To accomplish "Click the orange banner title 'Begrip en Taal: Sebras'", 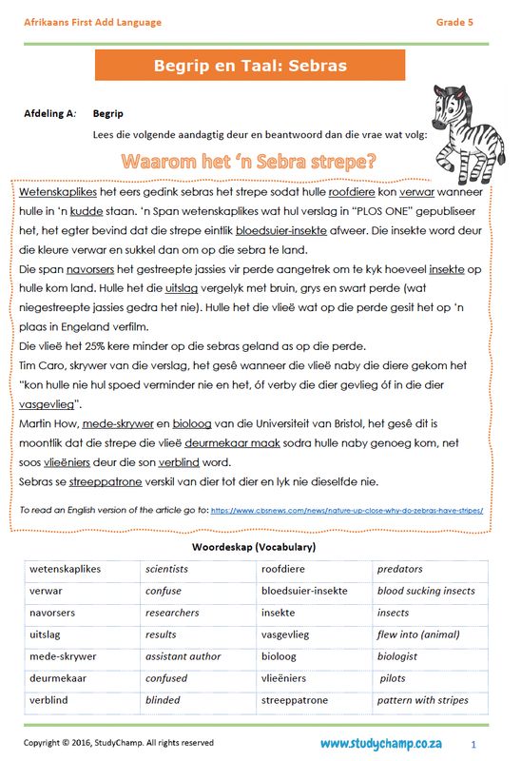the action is (x=250, y=66).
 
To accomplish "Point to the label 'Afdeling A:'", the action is (x=49, y=113).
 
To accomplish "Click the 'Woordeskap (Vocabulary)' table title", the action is (x=254, y=548).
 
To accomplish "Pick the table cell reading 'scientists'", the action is (x=166, y=569).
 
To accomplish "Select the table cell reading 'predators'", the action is (x=399, y=569).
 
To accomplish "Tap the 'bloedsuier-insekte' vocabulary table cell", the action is (x=304, y=591).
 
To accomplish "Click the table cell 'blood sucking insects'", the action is (x=426, y=591).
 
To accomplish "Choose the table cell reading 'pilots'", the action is (x=393, y=678).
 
